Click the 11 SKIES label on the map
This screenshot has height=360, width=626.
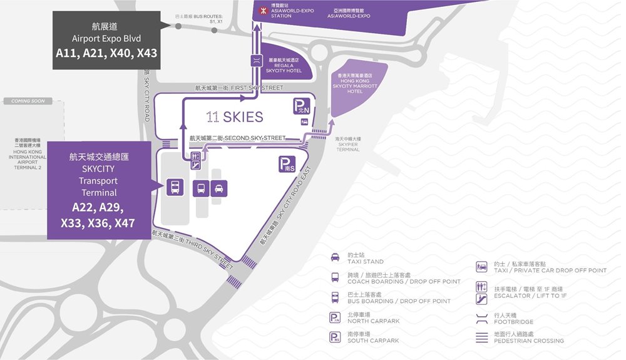[235, 117]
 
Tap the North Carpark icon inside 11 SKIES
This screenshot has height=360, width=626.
[302, 107]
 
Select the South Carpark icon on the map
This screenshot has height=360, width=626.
[286, 165]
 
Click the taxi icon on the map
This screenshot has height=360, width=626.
[219, 188]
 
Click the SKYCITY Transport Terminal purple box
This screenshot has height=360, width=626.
[99, 190]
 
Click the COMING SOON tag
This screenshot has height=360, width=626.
[28, 101]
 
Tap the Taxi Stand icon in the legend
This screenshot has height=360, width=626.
[335, 257]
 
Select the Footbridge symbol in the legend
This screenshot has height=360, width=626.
[481, 317]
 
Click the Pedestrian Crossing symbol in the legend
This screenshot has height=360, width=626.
[481, 337]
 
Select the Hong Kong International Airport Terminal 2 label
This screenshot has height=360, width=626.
[28, 153]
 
